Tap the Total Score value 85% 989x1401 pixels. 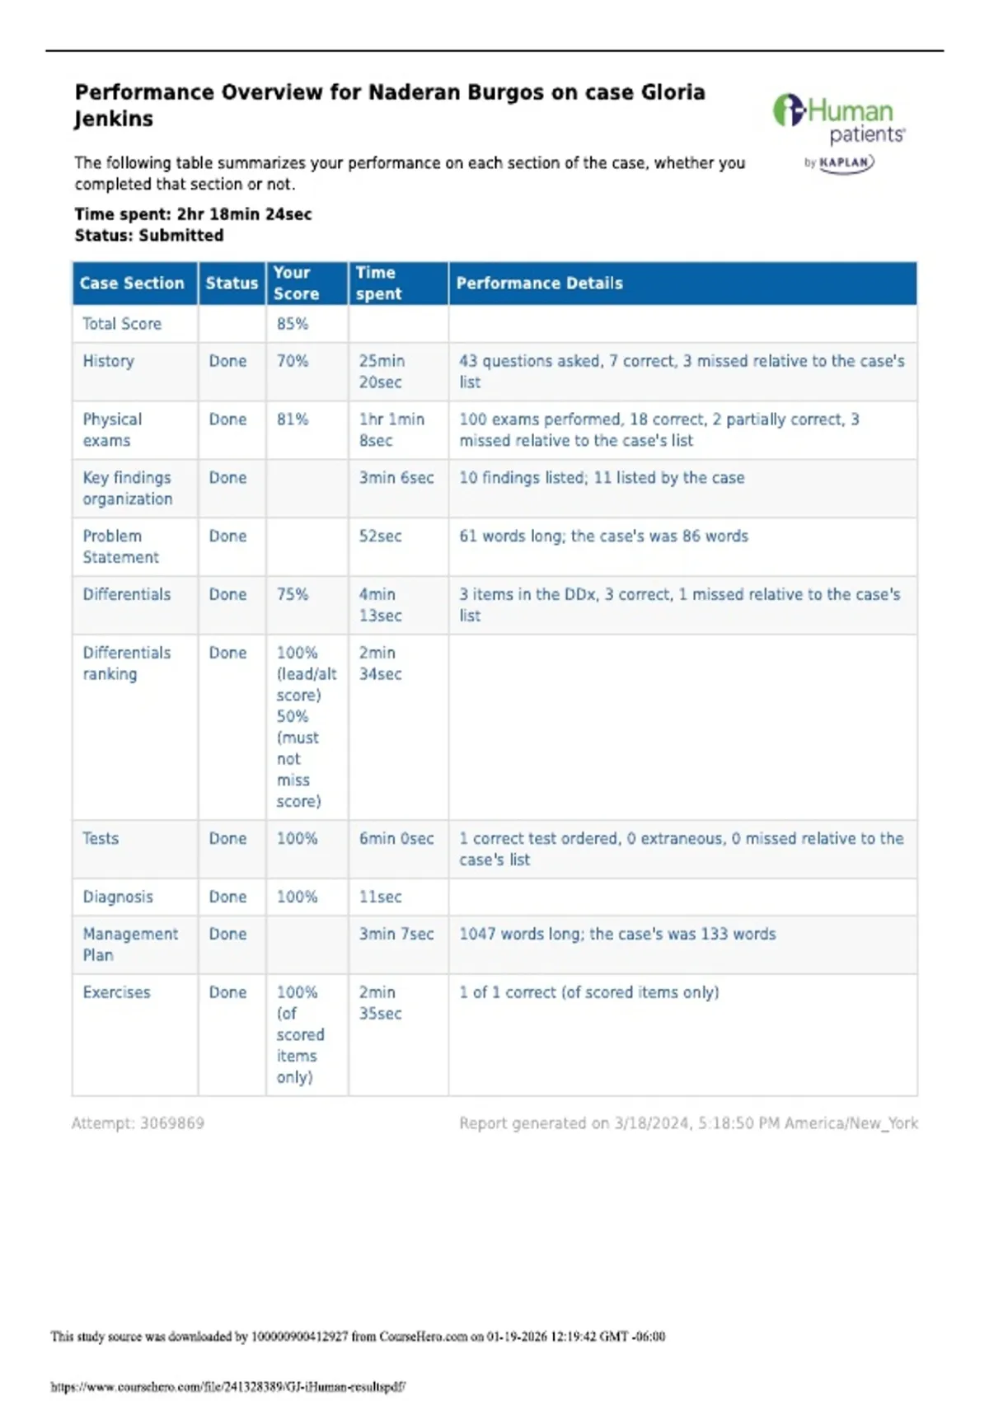[292, 324]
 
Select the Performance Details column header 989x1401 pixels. [539, 283]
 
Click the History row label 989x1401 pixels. [108, 361]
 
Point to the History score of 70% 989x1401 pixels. [292, 361]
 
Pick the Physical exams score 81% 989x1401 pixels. [292, 419]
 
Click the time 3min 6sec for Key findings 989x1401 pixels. [396, 478]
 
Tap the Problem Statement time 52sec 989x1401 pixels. [380, 537]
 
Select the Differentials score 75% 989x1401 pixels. [292, 594]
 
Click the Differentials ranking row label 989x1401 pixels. [126, 663]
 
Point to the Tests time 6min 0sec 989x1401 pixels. [396, 838]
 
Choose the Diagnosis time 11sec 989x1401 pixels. [380, 897]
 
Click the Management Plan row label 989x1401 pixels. [129, 944]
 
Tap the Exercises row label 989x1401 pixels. [116, 992]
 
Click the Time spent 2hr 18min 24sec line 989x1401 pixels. [193, 214]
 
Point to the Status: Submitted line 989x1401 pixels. [148, 236]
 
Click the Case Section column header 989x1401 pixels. [132, 283]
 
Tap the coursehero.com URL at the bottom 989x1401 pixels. [227, 1387]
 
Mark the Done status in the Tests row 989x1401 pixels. [227, 838]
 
